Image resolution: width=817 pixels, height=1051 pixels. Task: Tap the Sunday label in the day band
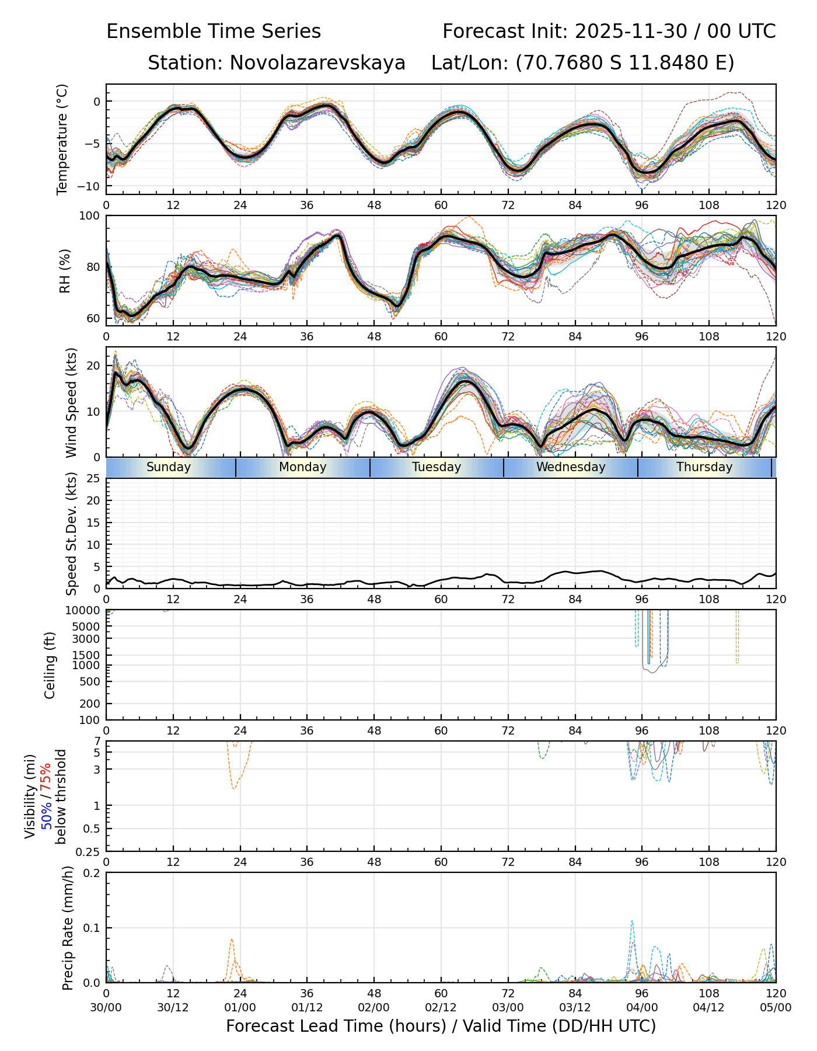[x=169, y=467]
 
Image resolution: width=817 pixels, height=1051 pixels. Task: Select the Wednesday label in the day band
[x=571, y=467]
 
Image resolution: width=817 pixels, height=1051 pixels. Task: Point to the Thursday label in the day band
[x=704, y=467]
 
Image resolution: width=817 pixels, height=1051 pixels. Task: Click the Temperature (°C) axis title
[x=62, y=139]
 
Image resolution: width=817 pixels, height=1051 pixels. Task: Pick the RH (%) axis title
[x=65, y=270]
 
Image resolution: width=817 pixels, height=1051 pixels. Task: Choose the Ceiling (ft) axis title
[x=50, y=665]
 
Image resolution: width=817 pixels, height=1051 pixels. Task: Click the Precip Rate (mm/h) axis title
[x=68, y=927]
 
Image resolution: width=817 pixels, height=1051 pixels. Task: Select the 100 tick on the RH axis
[x=90, y=216]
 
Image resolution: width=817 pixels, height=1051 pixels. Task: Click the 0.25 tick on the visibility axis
[x=89, y=851]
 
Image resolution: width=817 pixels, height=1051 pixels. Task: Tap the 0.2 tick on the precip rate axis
[x=92, y=873]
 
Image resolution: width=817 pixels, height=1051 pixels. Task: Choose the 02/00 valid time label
[x=374, y=1007]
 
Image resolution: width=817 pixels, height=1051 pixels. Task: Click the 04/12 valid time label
[x=709, y=1007]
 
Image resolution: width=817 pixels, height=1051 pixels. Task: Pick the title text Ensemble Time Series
[x=214, y=32]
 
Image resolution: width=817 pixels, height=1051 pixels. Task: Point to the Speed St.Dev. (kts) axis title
[x=71, y=533]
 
